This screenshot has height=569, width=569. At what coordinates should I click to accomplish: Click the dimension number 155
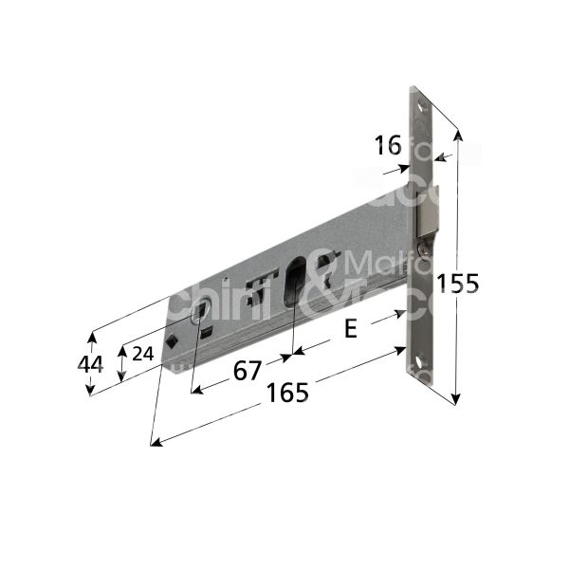pos(459,283)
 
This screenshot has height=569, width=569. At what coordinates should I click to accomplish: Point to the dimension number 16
pos(388,145)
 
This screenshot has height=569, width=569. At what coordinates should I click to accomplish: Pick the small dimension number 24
pos(141,353)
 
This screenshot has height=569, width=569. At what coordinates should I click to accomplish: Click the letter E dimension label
pos(349,329)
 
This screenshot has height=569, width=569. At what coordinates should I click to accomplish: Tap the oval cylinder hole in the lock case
pos(295,282)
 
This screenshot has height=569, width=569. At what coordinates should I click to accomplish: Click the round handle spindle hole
pos(201,313)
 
